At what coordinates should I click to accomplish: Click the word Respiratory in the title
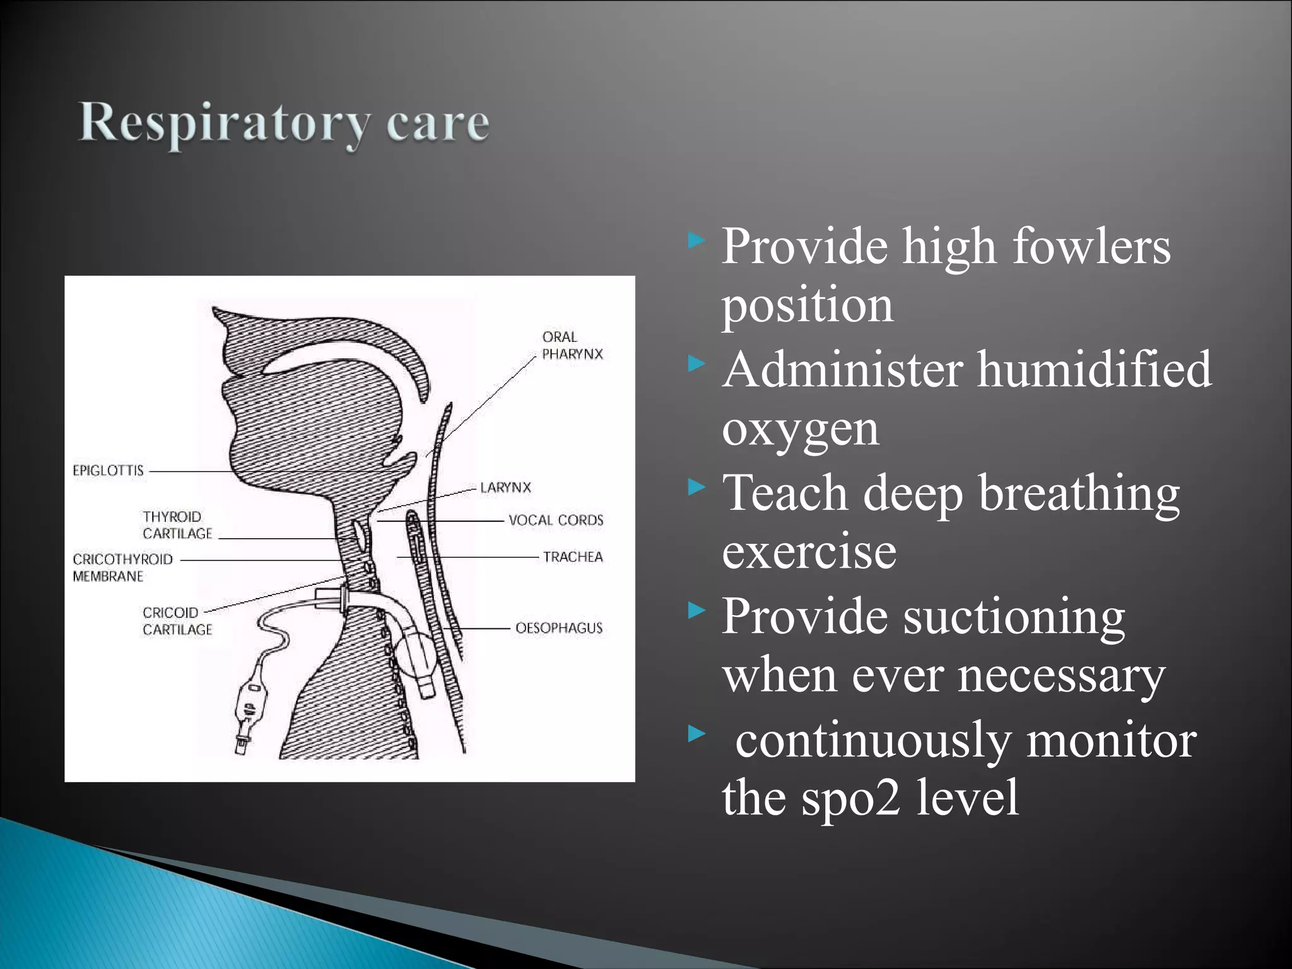click(x=224, y=123)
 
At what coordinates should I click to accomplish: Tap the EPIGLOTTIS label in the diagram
click(x=108, y=471)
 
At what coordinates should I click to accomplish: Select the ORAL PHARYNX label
click(x=572, y=346)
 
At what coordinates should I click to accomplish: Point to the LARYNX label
click(x=505, y=488)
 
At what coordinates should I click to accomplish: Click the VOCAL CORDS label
click(x=556, y=520)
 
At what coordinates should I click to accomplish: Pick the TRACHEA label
click(x=573, y=557)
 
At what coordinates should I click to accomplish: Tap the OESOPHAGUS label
click(x=559, y=628)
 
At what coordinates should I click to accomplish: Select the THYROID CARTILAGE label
click(x=177, y=525)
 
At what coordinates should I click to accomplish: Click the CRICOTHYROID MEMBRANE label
click(x=122, y=568)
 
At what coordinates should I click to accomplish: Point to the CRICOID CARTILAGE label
click(x=177, y=621)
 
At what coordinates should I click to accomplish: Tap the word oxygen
click(x=800, y=430)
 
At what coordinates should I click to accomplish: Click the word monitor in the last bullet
click(x=1111, y=740)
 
